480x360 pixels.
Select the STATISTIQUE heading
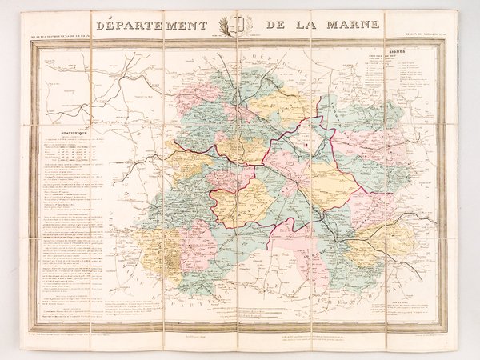click(67, 137)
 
